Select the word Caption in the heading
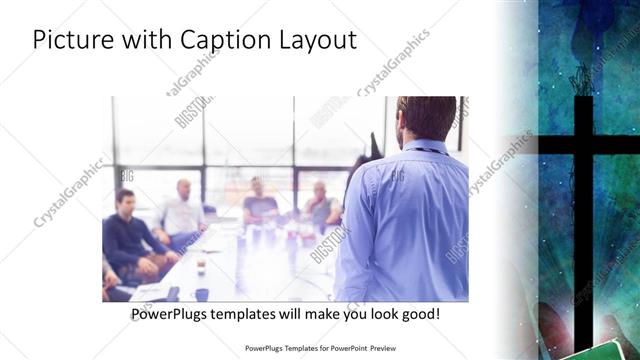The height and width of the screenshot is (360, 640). point(226,41)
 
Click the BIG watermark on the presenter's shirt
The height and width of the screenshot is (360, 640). point(397,176)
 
